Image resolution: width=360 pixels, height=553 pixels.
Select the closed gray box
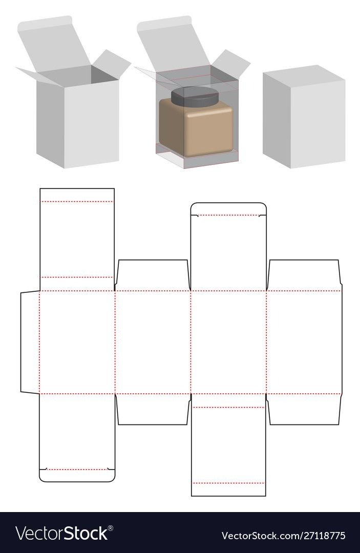coord(304,116)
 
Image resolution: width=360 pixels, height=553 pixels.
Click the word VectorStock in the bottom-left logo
coord(61,533)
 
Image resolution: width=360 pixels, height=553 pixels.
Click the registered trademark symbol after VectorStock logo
coord(111,528)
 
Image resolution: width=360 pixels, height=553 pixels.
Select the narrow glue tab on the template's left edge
coord(30,342)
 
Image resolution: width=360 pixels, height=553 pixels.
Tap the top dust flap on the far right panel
coord(304,275)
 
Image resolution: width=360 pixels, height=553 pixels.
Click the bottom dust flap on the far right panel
coord(304,409)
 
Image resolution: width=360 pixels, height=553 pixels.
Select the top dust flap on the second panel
coord(153,275)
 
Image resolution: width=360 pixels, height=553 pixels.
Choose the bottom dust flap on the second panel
coord(153,409)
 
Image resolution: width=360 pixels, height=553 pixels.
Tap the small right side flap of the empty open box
coord(112,63)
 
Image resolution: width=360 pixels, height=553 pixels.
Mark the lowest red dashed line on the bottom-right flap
coord(228,483)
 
